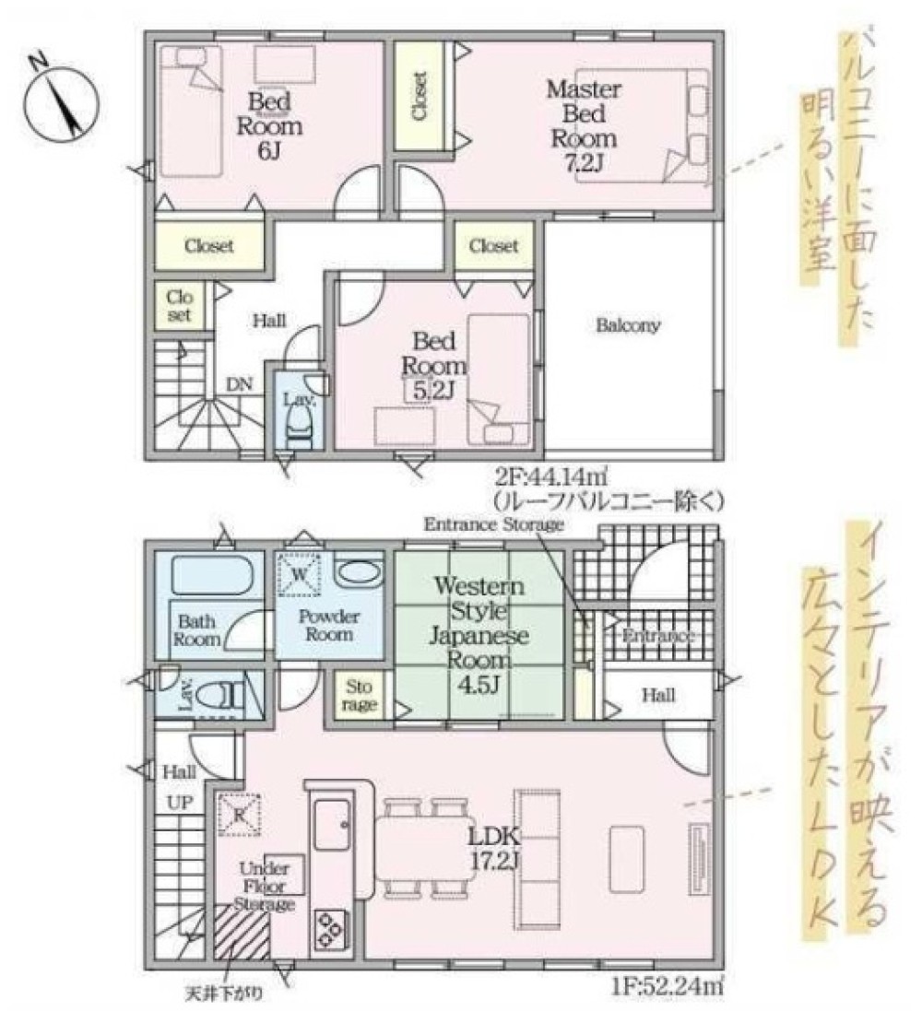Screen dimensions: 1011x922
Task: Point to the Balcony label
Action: [x=628, y=325]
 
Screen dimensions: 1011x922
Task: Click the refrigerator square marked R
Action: [x=239, y=813]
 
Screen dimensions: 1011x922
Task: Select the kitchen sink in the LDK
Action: [x=330, y=824]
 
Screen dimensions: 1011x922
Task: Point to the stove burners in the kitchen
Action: [x=329, y=928]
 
